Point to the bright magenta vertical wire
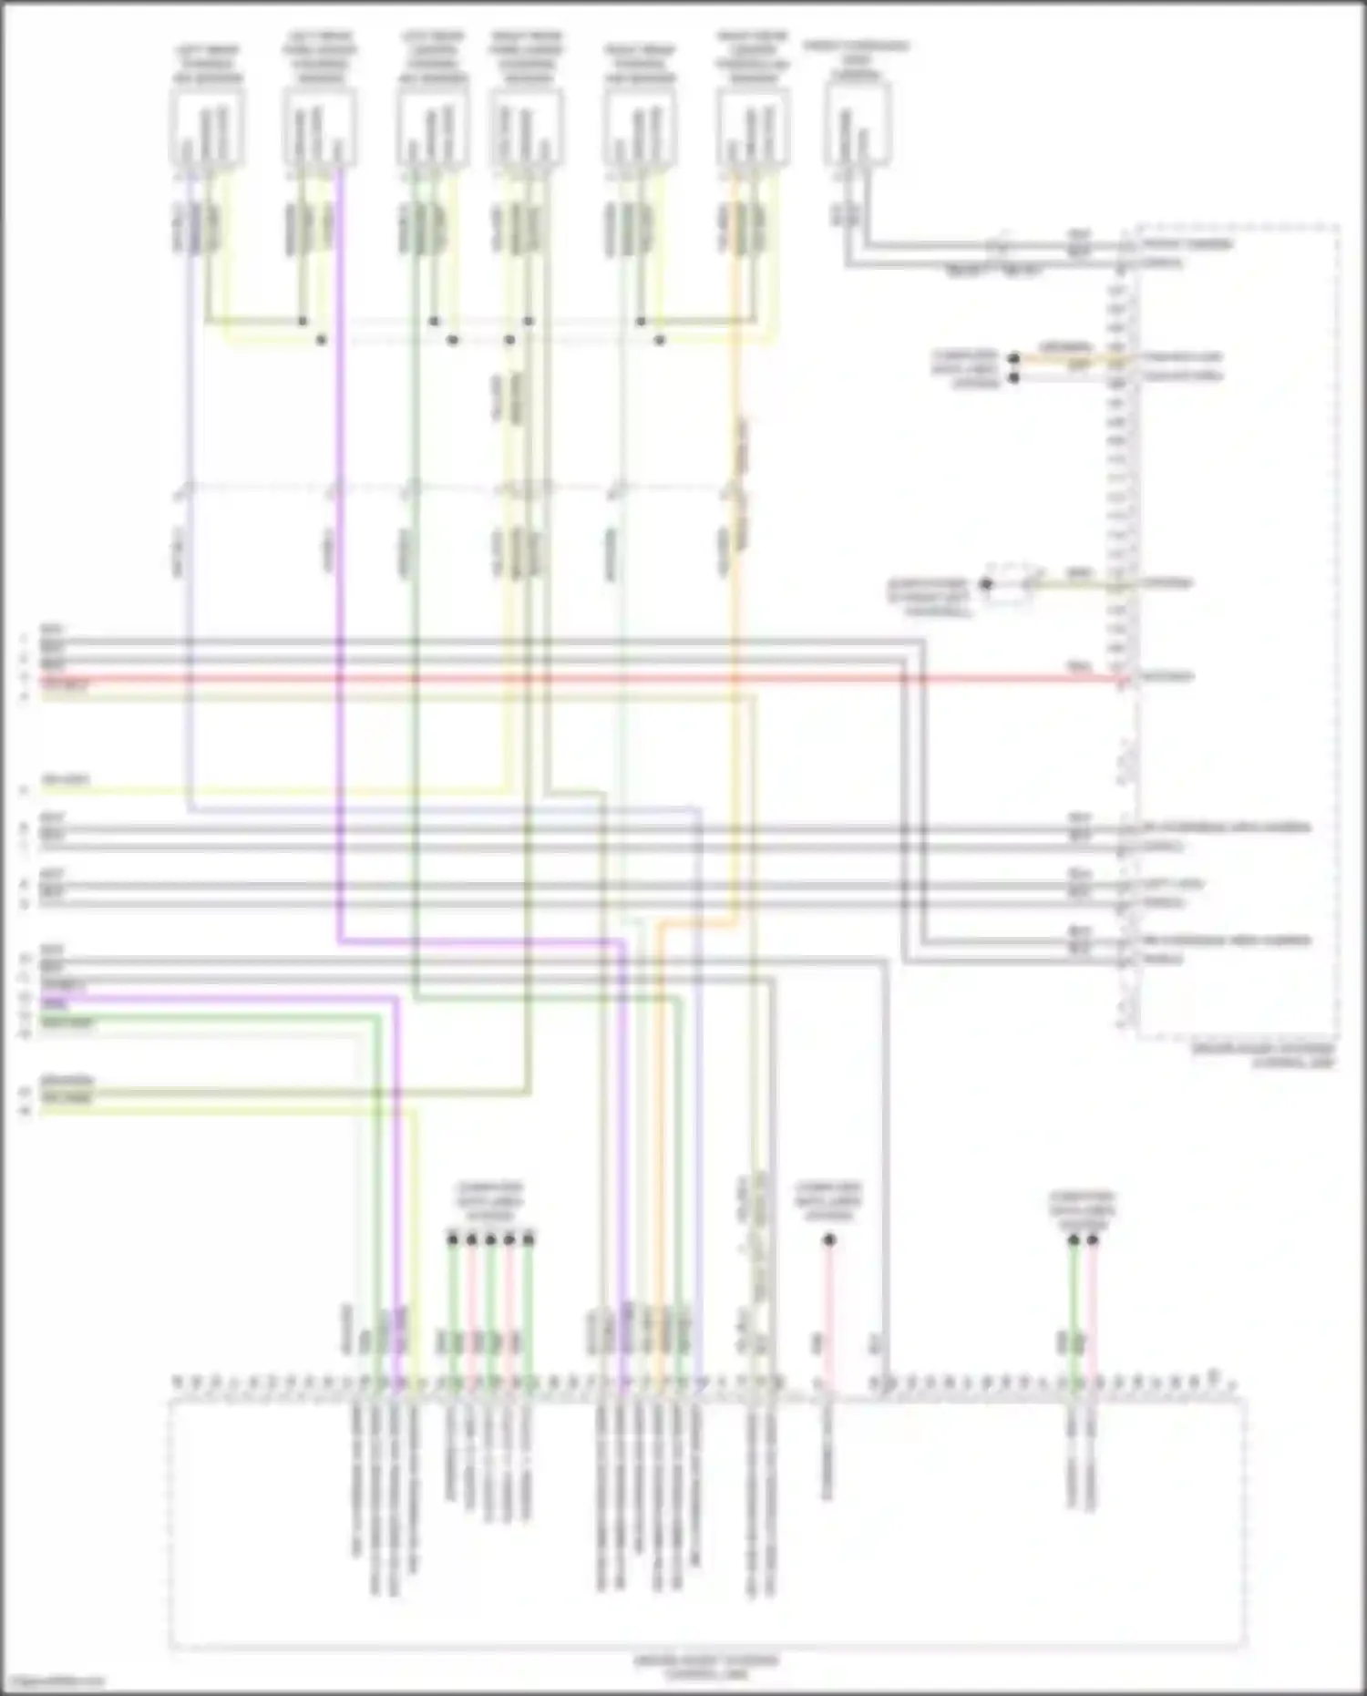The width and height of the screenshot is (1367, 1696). coord(339,547)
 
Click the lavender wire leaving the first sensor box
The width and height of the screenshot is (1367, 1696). coord(190,456)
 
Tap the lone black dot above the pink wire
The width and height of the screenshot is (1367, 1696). coord(829,1239)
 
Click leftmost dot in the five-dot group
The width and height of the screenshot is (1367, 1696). coord(453,1239)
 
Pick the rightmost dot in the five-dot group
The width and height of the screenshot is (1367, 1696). coord(529,1239)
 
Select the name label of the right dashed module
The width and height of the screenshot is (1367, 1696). coord(1264,1055)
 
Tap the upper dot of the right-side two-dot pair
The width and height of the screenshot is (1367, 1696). coord(1014,358)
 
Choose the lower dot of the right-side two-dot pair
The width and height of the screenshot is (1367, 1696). coord(1014,376)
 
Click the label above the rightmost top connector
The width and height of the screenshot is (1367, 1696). coord(857,59)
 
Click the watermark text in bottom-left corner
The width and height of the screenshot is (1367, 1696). coord(53,1682)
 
